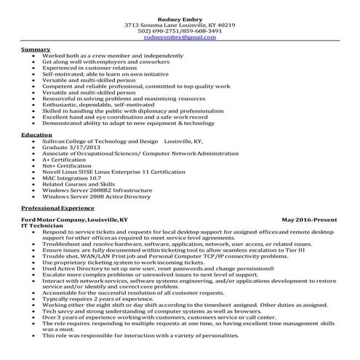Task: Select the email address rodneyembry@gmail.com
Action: (x=180, y=37)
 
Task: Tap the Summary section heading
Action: (x=36, y=49)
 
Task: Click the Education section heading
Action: (x=37, y=135)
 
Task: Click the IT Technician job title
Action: (x=42, y=225)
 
